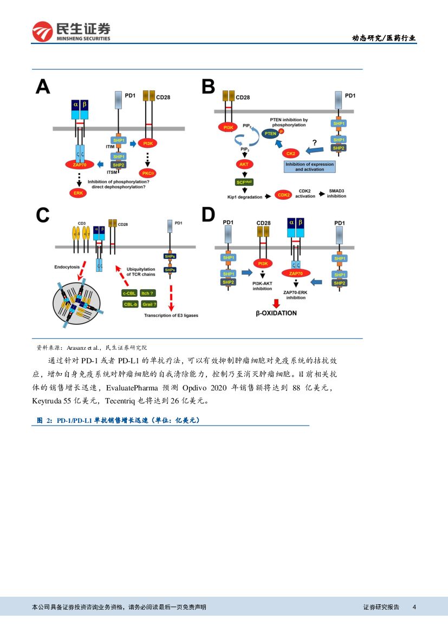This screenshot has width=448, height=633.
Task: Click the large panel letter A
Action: pyautogui.click(x=43, y=87)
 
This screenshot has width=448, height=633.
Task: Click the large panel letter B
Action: pyautogui.click(x=208, y=87)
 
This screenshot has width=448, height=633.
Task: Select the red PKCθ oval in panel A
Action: pyautogui.click(x=147, y=173)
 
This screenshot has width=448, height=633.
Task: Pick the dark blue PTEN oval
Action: pyautogui.click(x=270, y=133)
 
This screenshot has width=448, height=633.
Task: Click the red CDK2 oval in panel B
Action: pyautogui.click(x=283, y=194)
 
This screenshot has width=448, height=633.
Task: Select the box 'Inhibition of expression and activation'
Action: pyautogui.click(x=309, y=166)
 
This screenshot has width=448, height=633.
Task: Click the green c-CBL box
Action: pyautogui.click(x=129, y=293)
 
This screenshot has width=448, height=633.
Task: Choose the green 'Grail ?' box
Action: pyautogui.click(x=149, y=304)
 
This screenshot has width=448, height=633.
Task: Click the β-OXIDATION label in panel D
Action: pyautogui.click(x=276, y=313)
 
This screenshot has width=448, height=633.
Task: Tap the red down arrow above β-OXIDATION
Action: pyautogui.click(x=276, y=303)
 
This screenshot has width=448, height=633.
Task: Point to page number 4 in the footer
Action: pyautogui.click(x=414, y=607)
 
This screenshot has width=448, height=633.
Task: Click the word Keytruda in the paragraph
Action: pyautogui.click(x=48, y=401)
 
